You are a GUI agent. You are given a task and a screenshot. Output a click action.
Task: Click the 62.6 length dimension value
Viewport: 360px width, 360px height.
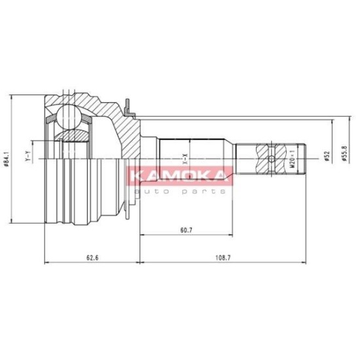click(92, 258)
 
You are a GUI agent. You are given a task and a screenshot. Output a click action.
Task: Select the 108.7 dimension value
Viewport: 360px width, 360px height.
click(223, 258)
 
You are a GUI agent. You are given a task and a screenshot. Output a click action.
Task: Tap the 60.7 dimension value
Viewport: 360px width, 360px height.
click(186, 230)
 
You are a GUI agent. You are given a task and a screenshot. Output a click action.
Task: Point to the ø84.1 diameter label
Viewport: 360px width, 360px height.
click(7, 158)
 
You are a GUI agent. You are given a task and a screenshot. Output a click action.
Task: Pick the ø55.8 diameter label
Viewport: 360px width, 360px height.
click(344, 153)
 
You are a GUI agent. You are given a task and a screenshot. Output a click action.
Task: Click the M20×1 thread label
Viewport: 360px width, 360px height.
click(292, 159)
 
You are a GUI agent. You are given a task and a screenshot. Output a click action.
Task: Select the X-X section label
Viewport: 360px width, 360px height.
click(185, 159)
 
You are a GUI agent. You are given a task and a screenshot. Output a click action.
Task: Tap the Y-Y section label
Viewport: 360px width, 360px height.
click(27, 156)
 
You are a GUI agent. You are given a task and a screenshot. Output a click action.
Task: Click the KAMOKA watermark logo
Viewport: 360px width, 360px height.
click(179, 175)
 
